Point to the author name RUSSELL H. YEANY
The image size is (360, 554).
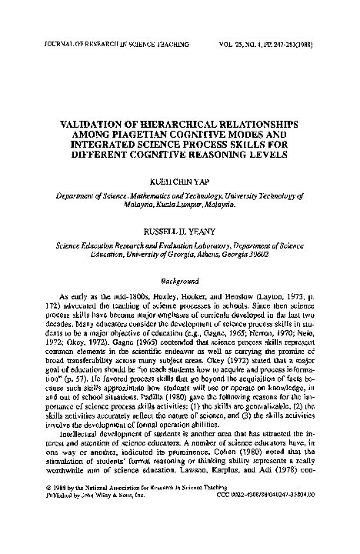pyautogui.click(x=179, y=230)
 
